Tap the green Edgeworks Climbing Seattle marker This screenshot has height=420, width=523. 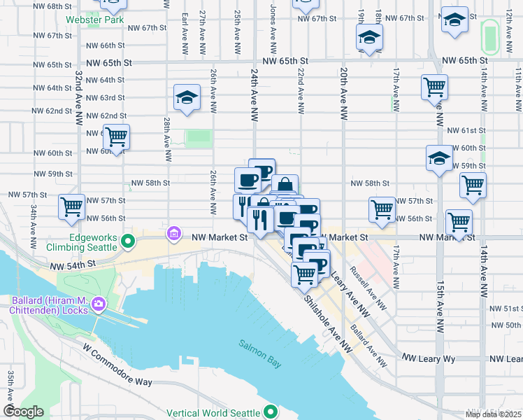click(127, 242)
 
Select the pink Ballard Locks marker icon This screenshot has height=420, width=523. click(99, 304)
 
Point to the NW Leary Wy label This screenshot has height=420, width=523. click(429, 358)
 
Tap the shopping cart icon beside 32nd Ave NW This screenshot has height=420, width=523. click(72, 206)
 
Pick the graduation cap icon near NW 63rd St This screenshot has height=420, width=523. click(187, 97)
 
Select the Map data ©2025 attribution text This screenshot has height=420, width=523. click(494, 414)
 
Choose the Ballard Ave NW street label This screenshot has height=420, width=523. click(368, 346)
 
